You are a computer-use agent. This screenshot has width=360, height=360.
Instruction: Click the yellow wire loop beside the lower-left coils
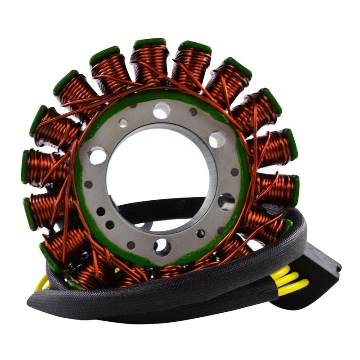point(43,283)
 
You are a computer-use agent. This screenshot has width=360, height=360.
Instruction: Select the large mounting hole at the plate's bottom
point(162,246)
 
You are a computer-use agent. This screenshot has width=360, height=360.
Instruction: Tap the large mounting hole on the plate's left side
point(98,156)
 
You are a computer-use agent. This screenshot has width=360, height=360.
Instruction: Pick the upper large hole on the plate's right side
point(217,139)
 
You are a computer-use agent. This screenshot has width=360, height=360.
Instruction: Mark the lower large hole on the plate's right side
point(226,201)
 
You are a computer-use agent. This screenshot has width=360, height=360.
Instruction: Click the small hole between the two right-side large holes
point(234,172)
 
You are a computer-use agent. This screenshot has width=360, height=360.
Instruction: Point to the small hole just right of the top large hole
point(193,112)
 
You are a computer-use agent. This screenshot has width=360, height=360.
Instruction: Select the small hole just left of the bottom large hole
point(131,245)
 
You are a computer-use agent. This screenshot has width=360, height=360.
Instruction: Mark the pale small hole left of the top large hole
point(123,122)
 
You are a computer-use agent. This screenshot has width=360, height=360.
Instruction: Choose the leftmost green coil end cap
point(25,166)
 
